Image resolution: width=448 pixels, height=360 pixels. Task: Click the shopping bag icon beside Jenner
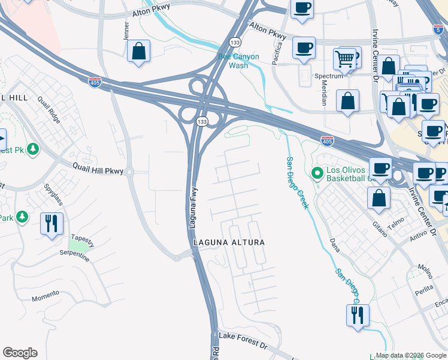139,52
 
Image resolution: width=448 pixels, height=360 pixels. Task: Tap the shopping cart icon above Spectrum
344,59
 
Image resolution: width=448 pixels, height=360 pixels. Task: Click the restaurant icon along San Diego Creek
358,315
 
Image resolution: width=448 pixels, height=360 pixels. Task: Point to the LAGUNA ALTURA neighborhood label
228,242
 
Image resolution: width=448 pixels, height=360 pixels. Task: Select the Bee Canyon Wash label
238,61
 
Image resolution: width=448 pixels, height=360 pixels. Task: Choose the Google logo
20,353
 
